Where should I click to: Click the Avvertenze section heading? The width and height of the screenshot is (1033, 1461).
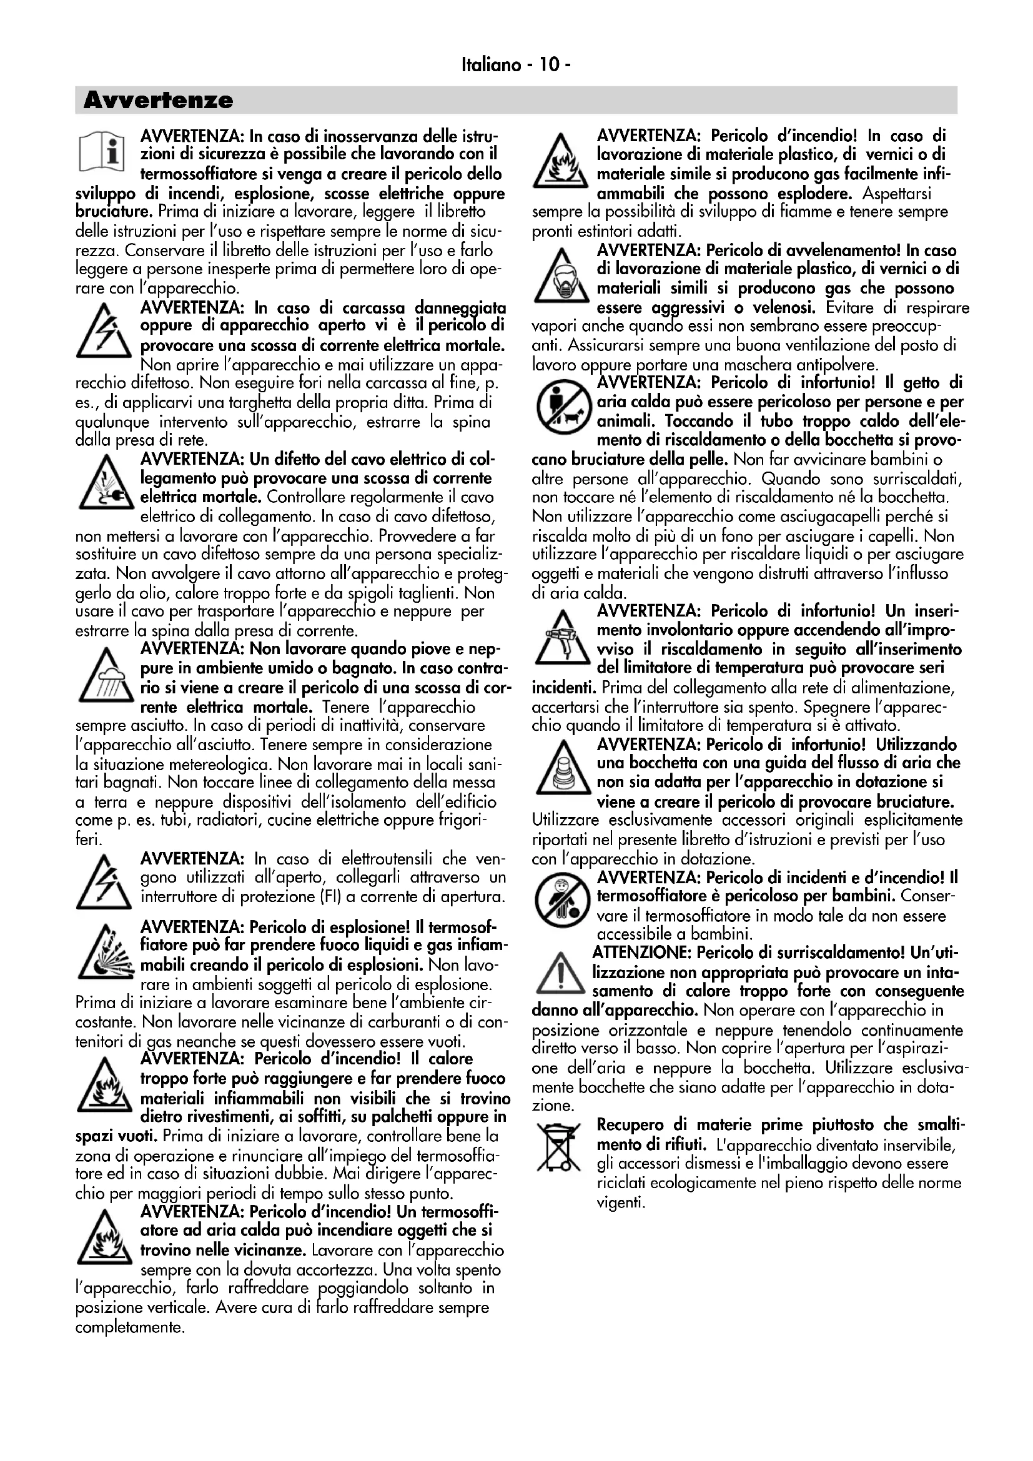coord(159,101)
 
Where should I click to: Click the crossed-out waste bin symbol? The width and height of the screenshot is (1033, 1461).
coord(559,1147)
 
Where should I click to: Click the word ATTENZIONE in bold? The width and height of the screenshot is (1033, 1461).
coord(642,953)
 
